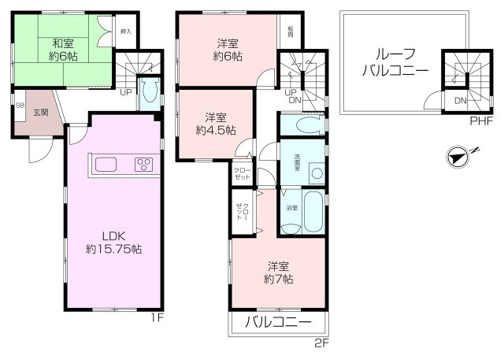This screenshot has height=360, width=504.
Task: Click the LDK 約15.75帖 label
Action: click(x=114, y=242)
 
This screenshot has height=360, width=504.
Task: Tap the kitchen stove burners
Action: click(x=143, y=165)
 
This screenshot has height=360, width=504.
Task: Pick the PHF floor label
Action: click(x=481, y=121)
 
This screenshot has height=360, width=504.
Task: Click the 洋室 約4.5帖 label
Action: click(x=215, y=124)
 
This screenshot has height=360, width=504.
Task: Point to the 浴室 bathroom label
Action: click(x=291, y=207)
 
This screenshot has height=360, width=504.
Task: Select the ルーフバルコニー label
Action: click(x=395, y=62)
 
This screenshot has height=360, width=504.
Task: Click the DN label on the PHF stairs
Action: click(x=459, y=102)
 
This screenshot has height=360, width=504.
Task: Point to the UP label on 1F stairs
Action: click(x=125, y=93)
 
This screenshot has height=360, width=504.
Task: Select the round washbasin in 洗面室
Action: click(x=316, y=173)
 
